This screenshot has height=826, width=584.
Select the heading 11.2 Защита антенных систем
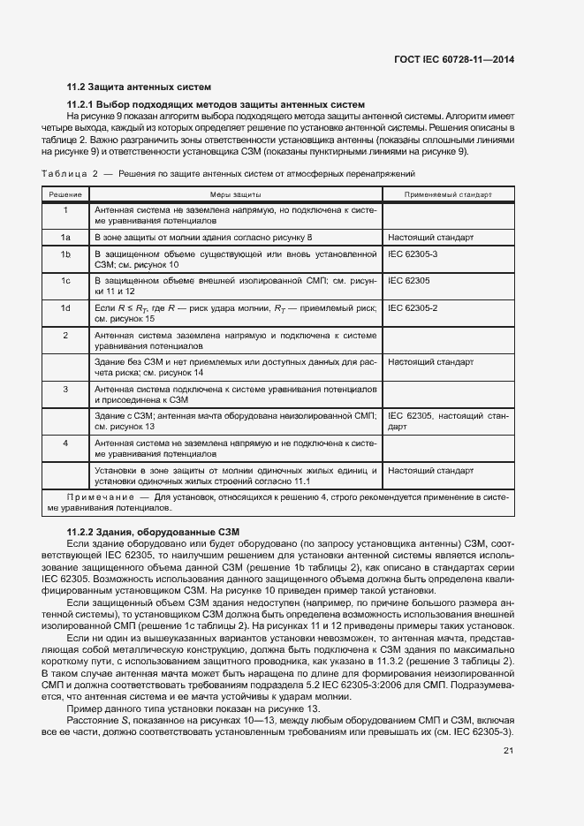140,87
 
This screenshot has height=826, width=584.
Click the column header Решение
65,193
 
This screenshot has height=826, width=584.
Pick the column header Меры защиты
235,193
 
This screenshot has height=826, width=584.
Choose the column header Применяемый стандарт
447,193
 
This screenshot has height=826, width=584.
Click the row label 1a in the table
65,238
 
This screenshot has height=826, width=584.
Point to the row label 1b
65,254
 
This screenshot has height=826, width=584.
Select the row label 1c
65,280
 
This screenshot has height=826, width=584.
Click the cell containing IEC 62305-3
419,254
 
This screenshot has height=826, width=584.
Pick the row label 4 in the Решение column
65,442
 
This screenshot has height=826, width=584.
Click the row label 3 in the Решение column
65,389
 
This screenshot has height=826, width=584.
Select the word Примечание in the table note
91,498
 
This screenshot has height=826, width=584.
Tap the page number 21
508,752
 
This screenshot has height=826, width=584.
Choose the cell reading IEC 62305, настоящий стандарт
447,421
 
